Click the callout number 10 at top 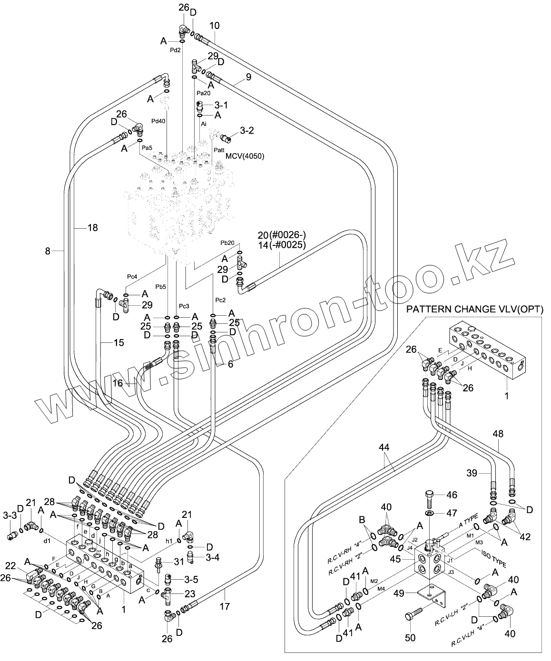coord(214,26)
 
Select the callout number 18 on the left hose coord(92,228)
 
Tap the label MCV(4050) coord(245,156)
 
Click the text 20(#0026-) coord(282,235)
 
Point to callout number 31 coord(178,562)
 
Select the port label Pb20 coord(227,243)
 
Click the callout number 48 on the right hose coord(498,434)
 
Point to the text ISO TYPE coord(493,557)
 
